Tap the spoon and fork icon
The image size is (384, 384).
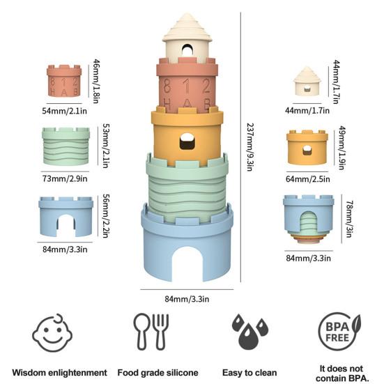(x=152, y=332)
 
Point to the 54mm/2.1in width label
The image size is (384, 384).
(x=64, y=109)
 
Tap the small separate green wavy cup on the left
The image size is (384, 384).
(x=66, y=145)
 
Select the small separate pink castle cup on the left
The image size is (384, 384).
(x=64, y=82)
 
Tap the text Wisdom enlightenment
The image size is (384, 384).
(x=60, y=372)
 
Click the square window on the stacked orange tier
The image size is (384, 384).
(x=187, y=142)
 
